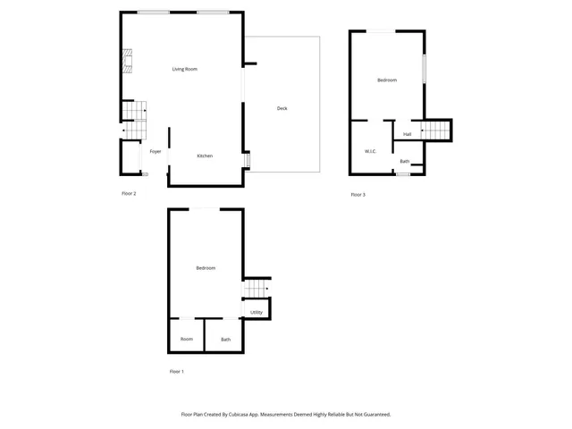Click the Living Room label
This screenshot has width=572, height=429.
185,69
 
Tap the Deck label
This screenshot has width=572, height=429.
282,108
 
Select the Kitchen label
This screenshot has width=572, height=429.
205,156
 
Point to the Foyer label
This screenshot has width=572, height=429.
156,152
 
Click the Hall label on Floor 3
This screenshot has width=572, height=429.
407,134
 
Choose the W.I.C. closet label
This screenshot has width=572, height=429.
370,151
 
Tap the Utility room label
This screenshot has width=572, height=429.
257,312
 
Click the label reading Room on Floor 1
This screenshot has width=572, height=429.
186,339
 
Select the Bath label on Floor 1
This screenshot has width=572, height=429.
225,339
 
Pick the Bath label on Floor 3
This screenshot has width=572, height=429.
405,161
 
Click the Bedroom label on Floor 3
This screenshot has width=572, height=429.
387,80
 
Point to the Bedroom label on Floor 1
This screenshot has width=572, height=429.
206,268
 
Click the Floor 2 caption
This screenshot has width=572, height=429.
129,193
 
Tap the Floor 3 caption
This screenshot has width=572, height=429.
357,195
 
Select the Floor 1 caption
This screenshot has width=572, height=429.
177,371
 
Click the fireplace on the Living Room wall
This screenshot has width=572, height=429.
126,63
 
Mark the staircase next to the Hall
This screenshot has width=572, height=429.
438,130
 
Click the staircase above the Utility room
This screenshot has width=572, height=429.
257,290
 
